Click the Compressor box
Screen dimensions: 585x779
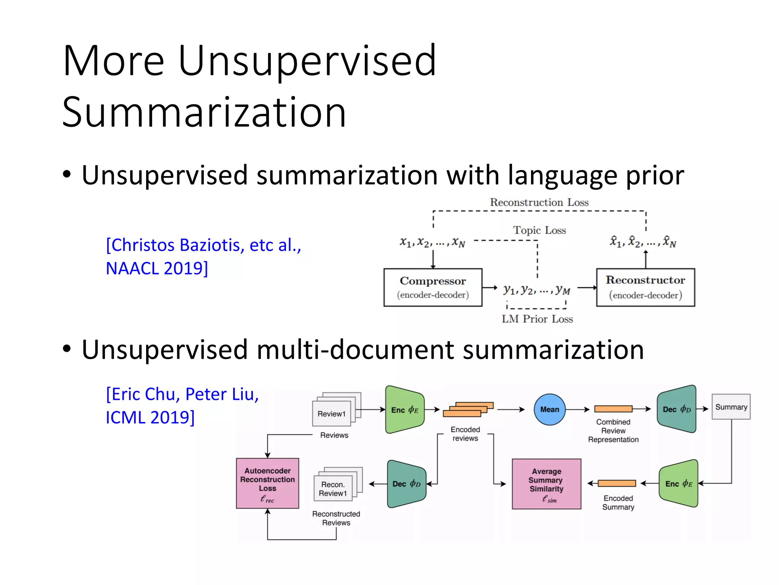[x=433, y=287]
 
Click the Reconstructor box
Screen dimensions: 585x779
[x=645, y=287]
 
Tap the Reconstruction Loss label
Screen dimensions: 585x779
[x=539, y=202]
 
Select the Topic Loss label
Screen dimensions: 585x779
[x=539, y=230]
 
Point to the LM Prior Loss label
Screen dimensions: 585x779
[x=537, y=319]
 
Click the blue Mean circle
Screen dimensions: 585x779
[x=550, y=409]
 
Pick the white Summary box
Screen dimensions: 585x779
[x=731, y=407]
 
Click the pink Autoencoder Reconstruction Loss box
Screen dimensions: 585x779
[x=267, y=483]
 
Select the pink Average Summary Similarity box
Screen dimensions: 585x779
[x=547, y=484]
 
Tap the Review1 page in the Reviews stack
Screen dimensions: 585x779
[x=332, y=414]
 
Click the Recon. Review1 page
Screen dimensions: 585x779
[x=333, y=489]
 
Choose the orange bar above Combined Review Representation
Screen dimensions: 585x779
[x=613, y=409]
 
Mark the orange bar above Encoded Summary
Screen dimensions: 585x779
[x=617, y=483]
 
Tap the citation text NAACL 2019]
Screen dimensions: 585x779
[x=157, y=268]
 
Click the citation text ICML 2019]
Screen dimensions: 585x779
[x=150, y=417]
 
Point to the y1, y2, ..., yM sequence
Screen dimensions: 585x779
[x=537, y=290]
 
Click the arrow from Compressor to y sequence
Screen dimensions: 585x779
[x=490, y=288]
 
